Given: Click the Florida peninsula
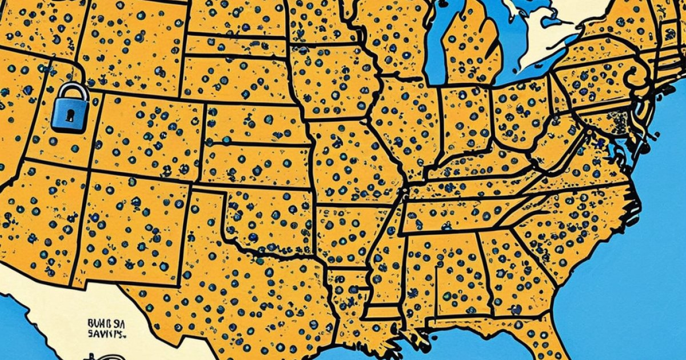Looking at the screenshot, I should coord(557,343).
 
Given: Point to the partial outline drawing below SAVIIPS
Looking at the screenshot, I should coord(97,355).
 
